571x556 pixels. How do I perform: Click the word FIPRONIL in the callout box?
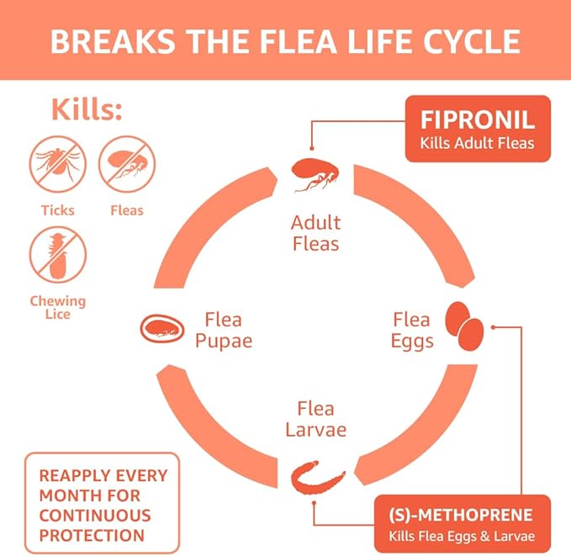[x=479, y=119]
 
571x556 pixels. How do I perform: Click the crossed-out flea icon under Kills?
[x=127, y=166]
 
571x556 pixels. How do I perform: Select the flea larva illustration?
[x=318, y=479]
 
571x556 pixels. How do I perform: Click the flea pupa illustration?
[x=161, y=328]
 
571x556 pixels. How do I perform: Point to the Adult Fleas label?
[x=315, y=234]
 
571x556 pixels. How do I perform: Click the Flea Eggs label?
[x=413, y=331]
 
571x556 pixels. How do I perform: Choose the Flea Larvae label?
[x=315, y=419]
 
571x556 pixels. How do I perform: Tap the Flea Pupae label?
[x=223, y=331]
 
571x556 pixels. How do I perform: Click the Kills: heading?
[x=87, y=109]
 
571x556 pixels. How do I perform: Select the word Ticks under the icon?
[x=58, y=210]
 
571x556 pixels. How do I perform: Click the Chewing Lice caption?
[x=58, y=308]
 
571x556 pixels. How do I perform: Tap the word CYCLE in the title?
[x=471, y=40]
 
